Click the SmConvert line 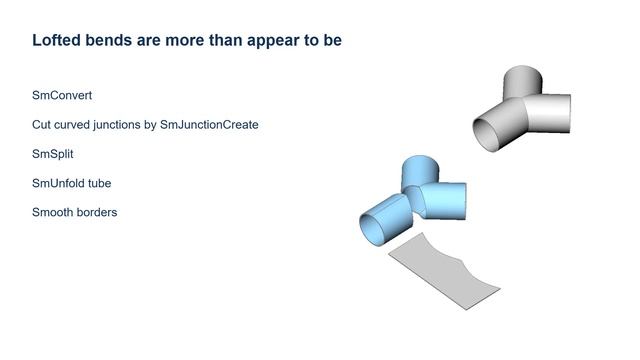(62, 96)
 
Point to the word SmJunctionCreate (209, 125)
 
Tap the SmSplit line (53, 154)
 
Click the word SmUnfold (59, 183)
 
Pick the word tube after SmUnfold (99, 183)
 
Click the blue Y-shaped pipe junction (415, 200)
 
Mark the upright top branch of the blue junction (420, 170)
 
